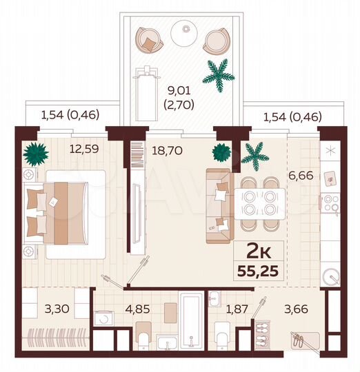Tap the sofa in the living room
tap(219, 205)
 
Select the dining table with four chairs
tap(261, 201)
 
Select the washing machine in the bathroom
tap(106, 320)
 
